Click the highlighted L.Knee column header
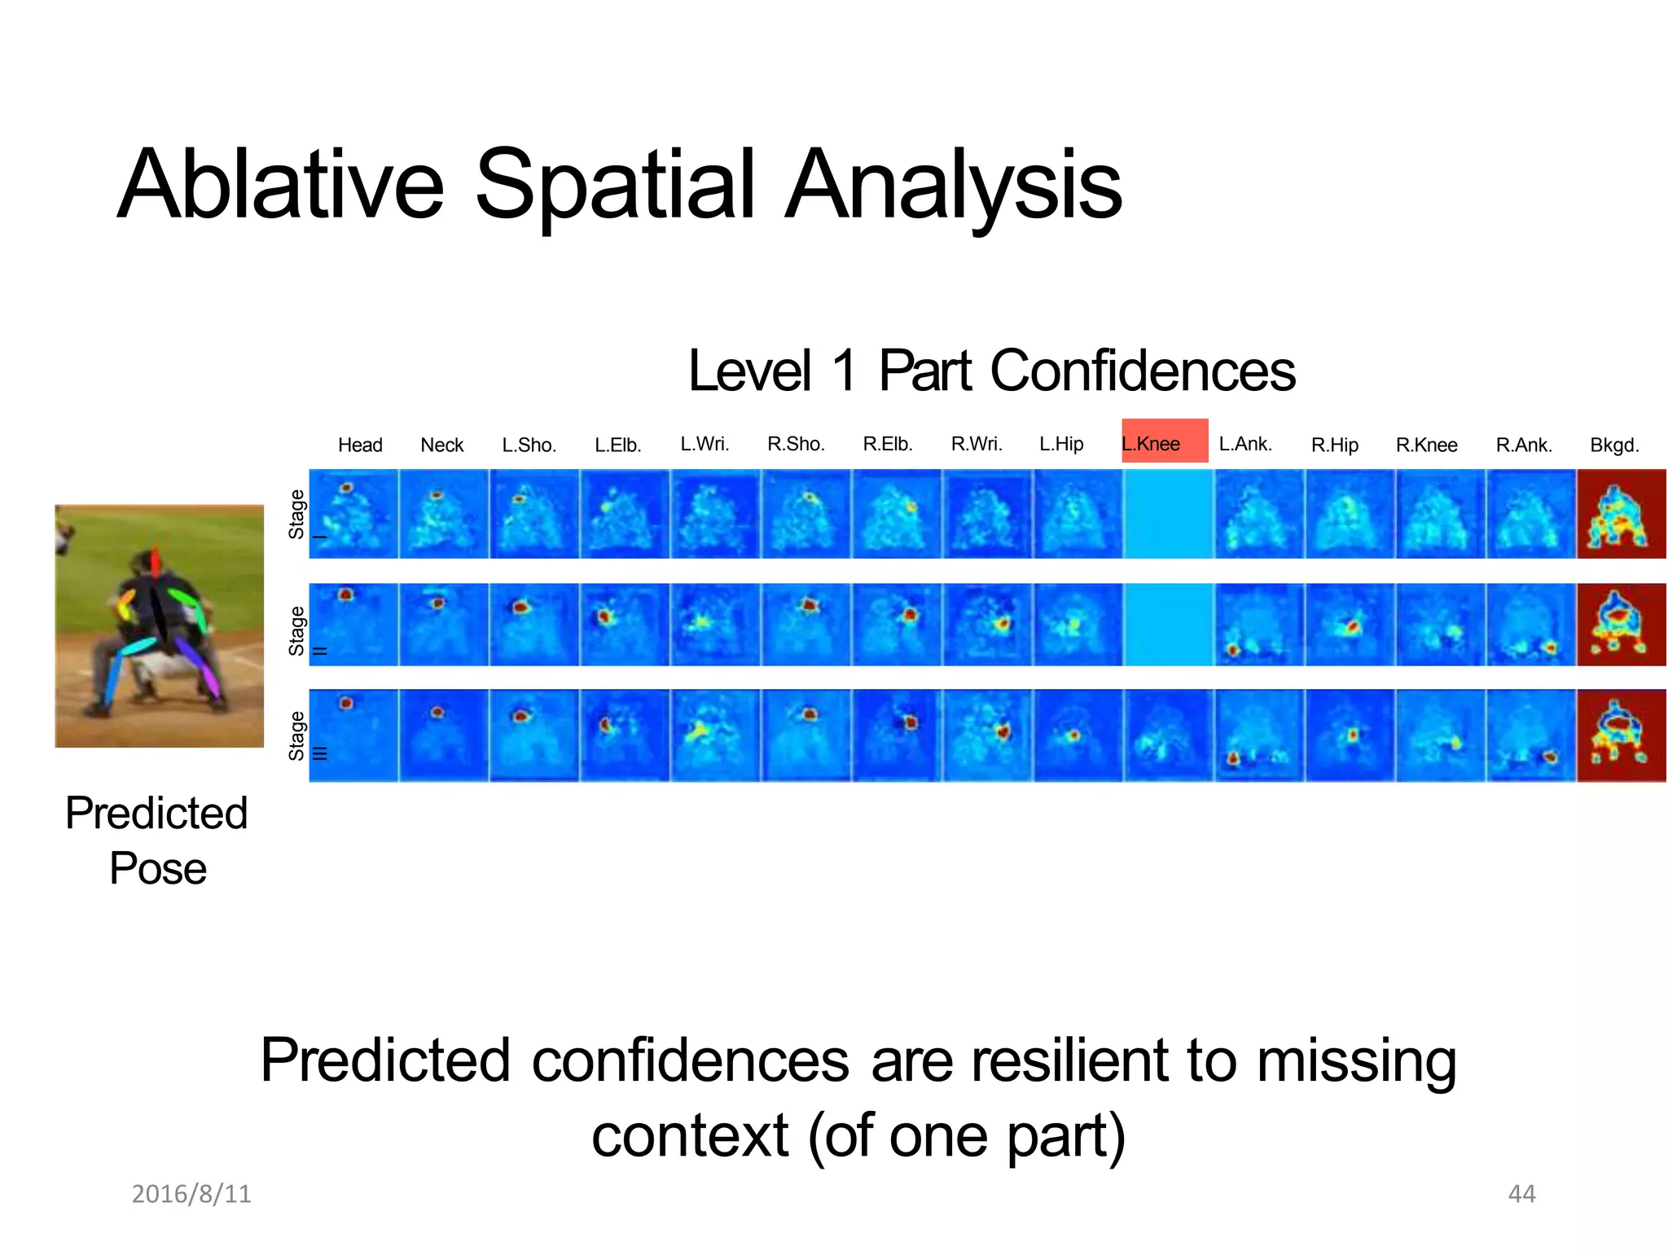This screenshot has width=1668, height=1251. pyautogui.click(x=1164, y=441)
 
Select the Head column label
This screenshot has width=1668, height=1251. pyautogui.click(x=360, y=446)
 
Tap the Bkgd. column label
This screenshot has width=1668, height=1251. pyautogui.click(x=1614, y=446)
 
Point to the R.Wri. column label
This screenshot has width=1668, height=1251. pyautogui.click(x=977, y=444)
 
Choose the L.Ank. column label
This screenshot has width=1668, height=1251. pyautogui.click(x=1245, y=444)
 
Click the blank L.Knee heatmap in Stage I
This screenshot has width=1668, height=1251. pyautogui.click(x=1168, y=514)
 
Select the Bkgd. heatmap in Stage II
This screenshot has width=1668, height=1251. pyautogui.click(x=1621, y=625)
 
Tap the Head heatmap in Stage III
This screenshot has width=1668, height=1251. pyautogui.click(x=353, y=735)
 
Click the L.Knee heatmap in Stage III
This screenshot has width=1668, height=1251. pyautogui.click(x=1168, y=735)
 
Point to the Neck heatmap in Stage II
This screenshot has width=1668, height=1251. pyautogui.click(x=443, y=625)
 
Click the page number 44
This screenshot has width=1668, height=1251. pyautogui.click(x=1521, y=1194)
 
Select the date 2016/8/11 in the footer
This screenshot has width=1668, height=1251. pyautogui.click(x=191, y=1194)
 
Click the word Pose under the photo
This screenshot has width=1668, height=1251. pyautogui.click(x=158, y=868)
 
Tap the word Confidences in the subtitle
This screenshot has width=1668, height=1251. pyautogui.click(x=1142, y=371)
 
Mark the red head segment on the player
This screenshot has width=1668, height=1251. pyautogui.click(x=156, y=562)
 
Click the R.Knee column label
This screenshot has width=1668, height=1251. pyautogui.click(x=1426, y=446)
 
